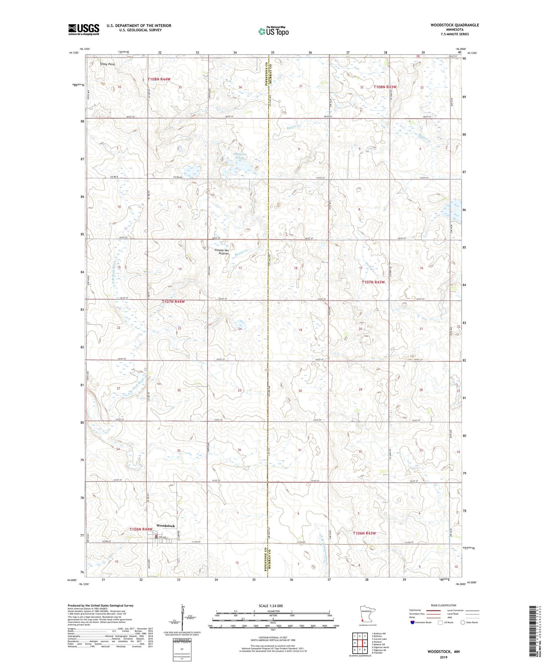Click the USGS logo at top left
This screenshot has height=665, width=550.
tap(84, 29)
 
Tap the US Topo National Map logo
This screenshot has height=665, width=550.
tap(273, 31)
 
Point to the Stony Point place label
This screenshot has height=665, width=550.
tap(107, 64)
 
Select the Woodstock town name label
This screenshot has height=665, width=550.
tap(165, 526)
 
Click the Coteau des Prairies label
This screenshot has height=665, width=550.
tap(221, 252)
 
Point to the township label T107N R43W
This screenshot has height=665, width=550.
tap(373, 282)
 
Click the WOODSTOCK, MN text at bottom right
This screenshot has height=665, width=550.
tap(443, 652)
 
